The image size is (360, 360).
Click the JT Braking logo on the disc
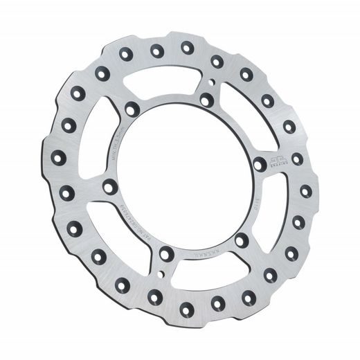pos(278,163)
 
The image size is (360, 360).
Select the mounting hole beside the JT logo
pos(259,165)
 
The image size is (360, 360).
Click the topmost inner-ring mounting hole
pos(206,100)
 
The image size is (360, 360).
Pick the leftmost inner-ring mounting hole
pos(109,186)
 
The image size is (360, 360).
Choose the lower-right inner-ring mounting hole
pos(241,240)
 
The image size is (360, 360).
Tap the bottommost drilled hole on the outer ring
pos(186,305)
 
